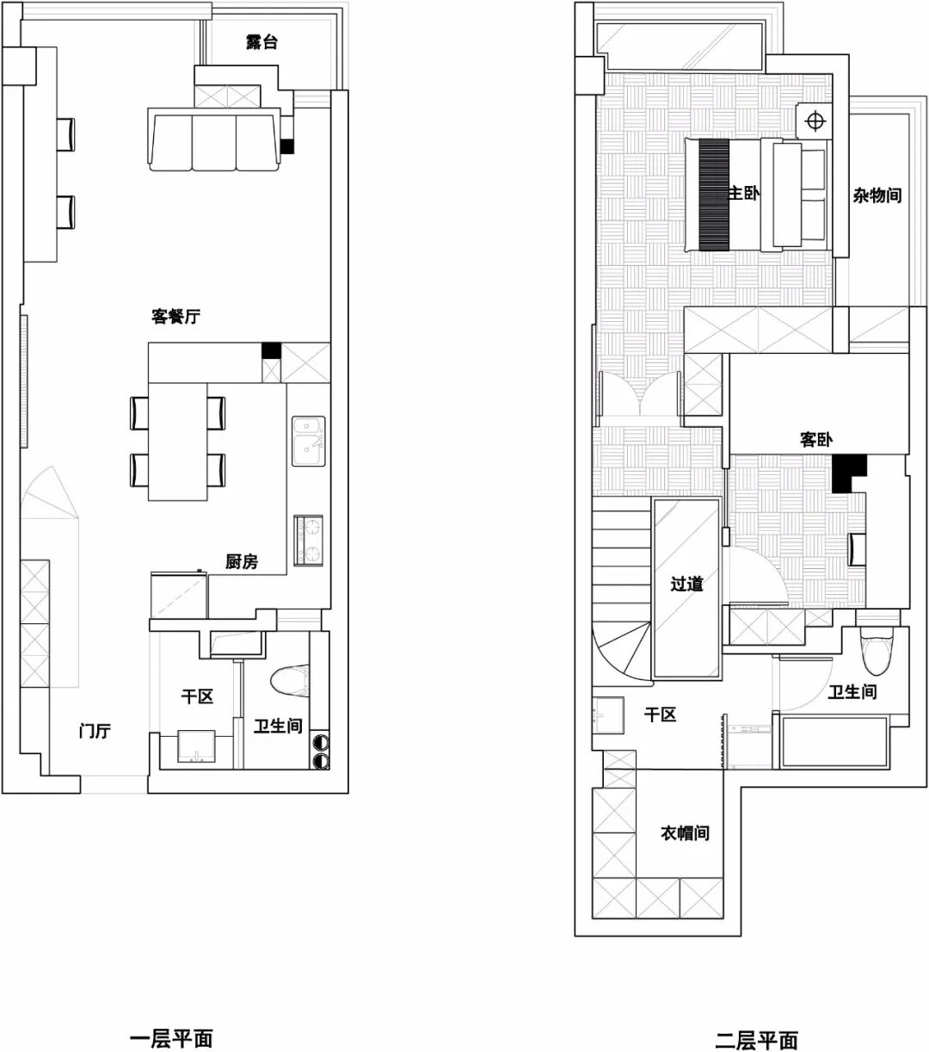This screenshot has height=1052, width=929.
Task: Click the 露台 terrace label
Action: pos(261,42)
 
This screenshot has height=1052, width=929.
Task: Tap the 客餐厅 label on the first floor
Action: pos(176,316)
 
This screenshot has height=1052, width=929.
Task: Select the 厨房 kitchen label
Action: pos(242,560)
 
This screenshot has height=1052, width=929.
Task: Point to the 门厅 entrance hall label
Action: pos(95,731)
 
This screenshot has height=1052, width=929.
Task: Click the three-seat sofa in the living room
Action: pos(215,139)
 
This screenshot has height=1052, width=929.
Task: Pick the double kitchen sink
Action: pos(308,440)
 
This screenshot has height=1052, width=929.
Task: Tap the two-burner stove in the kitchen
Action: pos(308,540)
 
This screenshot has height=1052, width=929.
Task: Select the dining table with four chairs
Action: pos(178,442)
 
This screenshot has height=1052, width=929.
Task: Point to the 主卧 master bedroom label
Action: pos(744,193)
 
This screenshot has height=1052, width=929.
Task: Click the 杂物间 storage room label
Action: pos(877,195)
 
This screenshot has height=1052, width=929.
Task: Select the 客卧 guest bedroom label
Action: pos(815,440)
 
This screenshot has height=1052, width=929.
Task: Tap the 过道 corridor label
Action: pos(686,585)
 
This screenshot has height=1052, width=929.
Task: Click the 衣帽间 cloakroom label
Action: pos(685,832)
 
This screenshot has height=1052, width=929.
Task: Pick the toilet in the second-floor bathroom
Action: pos(877,649)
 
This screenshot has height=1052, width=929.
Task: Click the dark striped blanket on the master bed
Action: pos(714,195)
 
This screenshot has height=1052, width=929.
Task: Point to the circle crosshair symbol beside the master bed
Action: pos(815,121)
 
